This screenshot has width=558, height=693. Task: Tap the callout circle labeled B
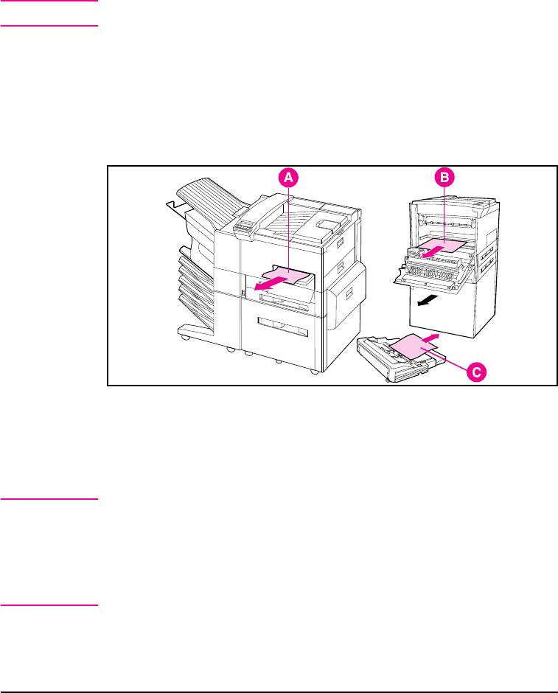click(x=444, y=177)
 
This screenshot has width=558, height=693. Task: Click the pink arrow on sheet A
click(x=262, y=286)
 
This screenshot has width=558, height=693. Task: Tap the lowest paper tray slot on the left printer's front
click(x=282, y=323)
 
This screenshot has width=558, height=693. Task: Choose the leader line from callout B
click(x=444, y=214)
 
